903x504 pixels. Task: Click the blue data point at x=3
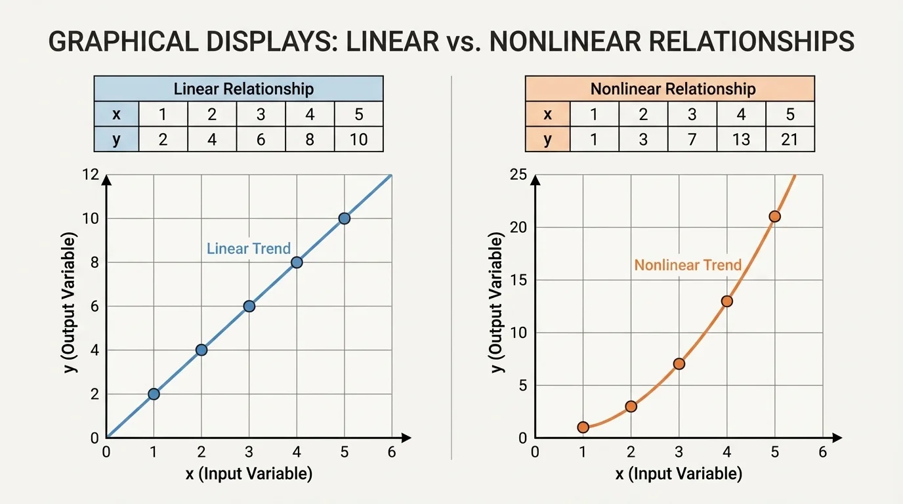pos(249,306)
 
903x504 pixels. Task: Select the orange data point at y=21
pos(774,217)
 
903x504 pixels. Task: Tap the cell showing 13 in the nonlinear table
pos(741,139)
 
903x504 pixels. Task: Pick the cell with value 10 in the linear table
pos(358,139)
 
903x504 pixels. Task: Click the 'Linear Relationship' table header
pos(238,89)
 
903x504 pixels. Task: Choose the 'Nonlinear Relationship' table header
pos(669,89)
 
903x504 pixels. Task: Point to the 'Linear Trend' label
pos(248,249)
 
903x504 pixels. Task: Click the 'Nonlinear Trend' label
pos(688,265)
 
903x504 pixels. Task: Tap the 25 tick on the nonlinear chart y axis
pos(518,175)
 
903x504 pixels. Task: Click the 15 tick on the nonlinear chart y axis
pos(518,280)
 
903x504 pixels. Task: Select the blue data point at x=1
pos(154,394)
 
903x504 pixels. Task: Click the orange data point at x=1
pos(583,427)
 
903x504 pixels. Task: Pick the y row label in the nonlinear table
pos(547,139)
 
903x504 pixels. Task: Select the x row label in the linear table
pos(116,114)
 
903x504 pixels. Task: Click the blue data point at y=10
pos(344,219)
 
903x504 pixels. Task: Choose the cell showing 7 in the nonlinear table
pos(692,139)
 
